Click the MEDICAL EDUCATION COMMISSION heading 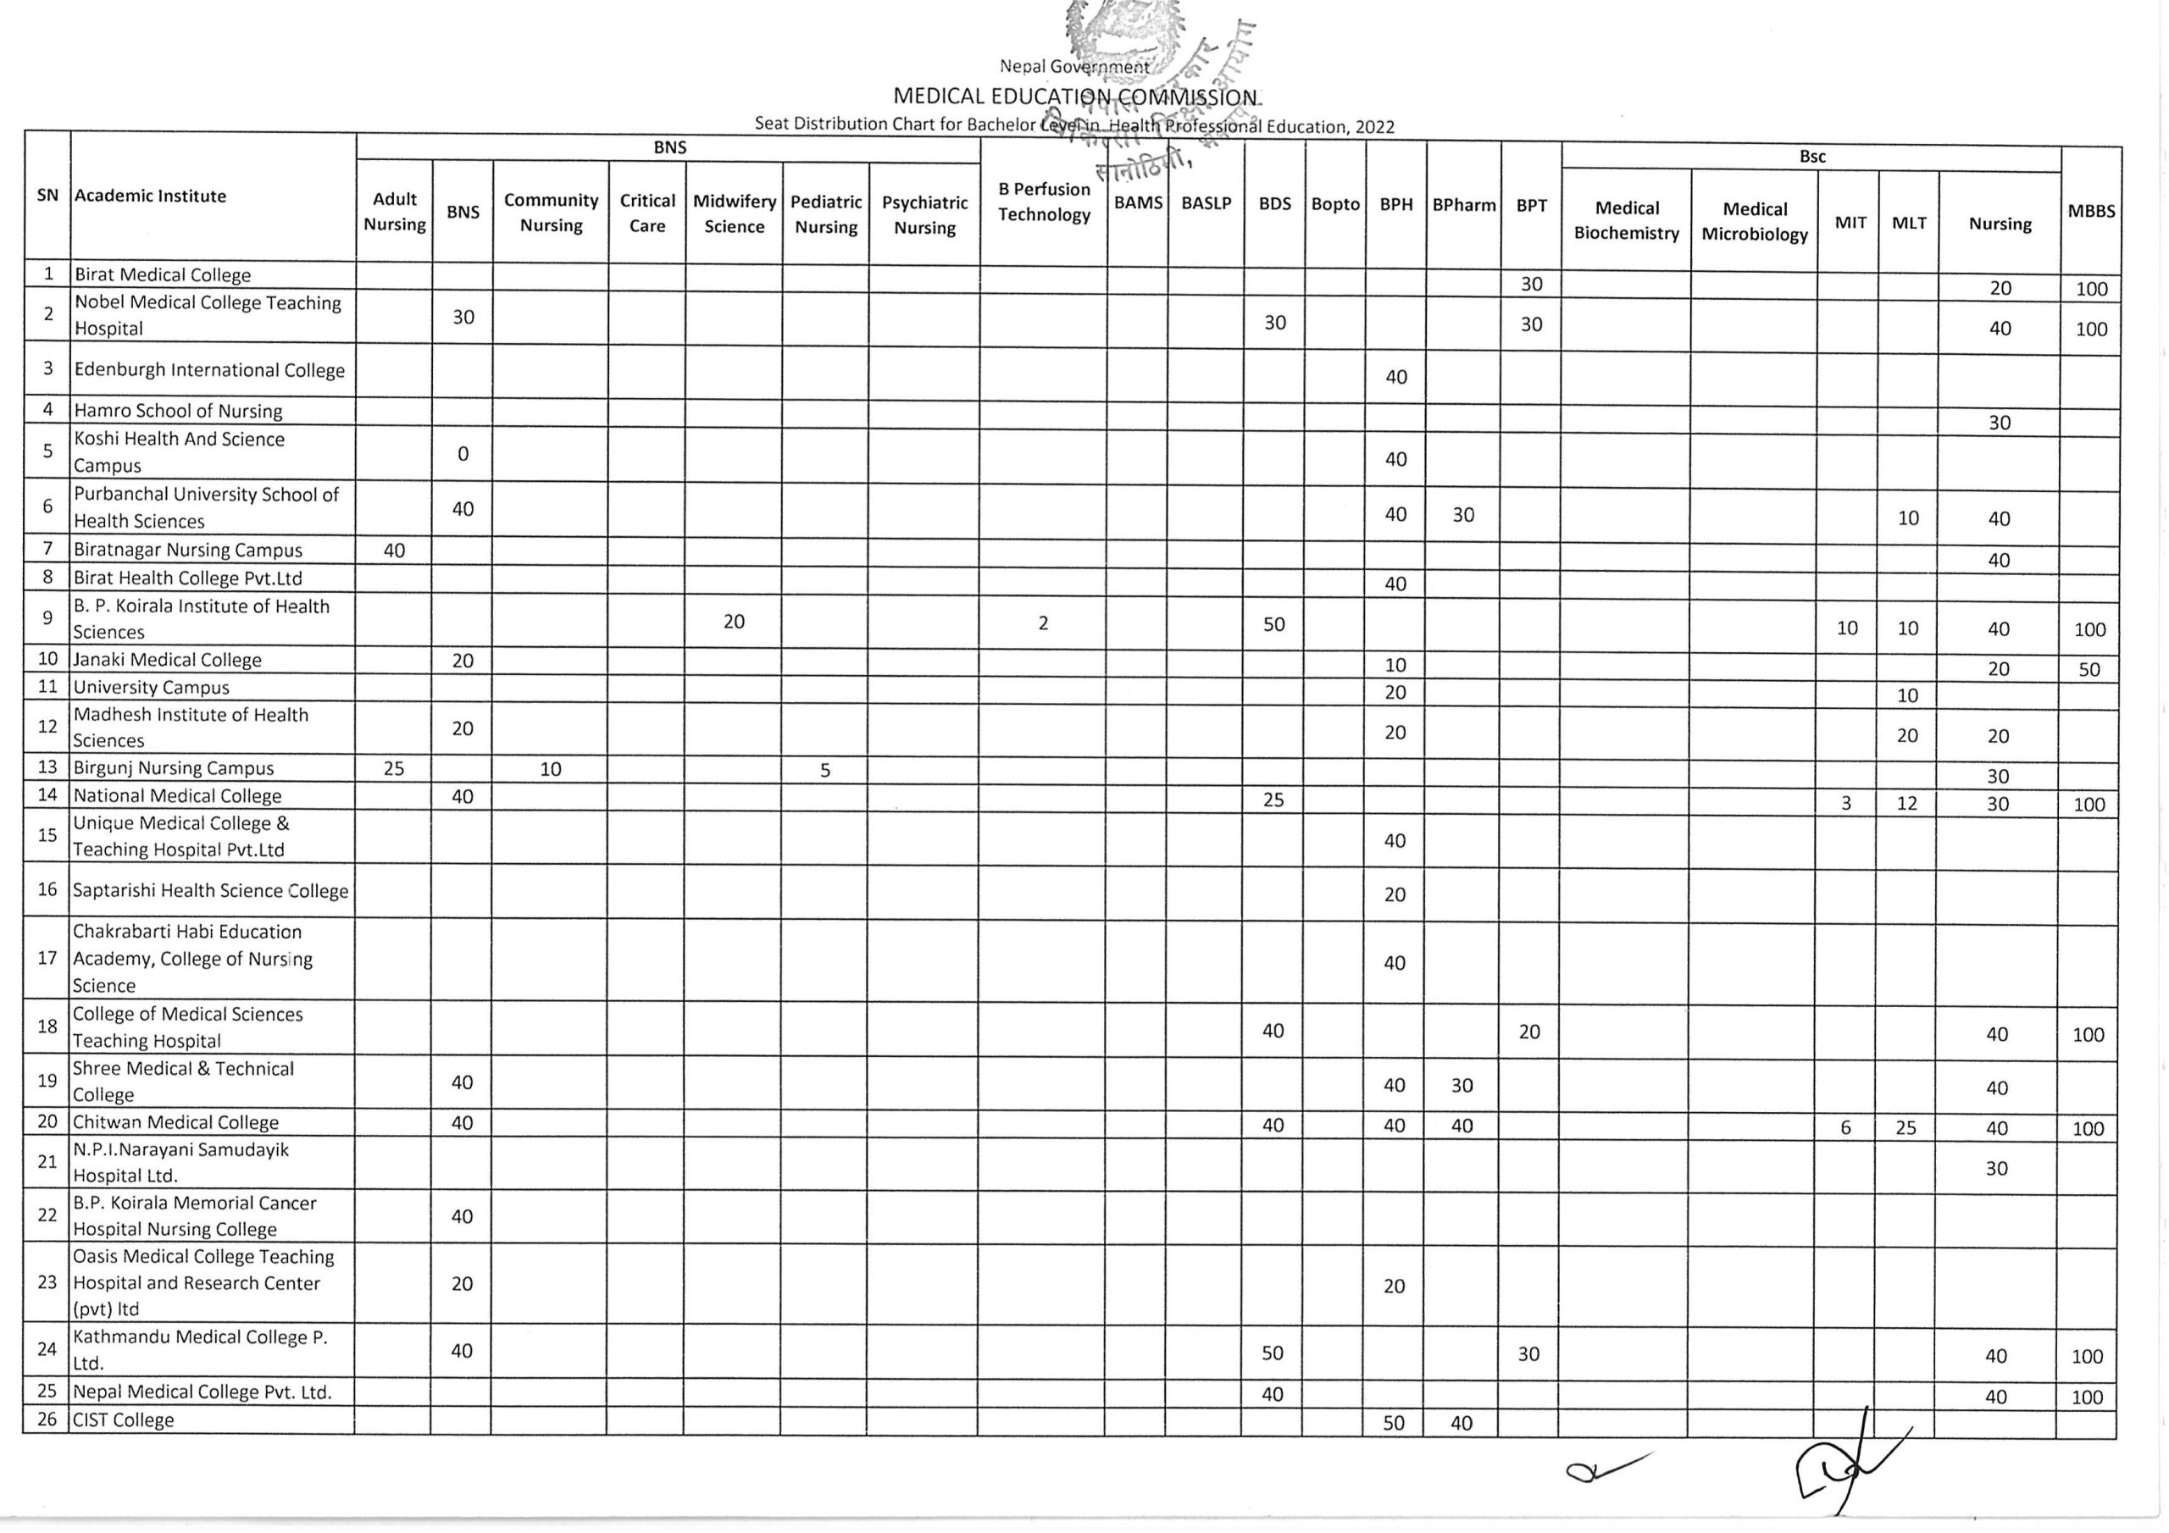pos(1075,97)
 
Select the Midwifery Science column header pos(734,213)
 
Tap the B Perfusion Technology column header pos(1044,202)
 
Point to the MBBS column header pos(2090,212)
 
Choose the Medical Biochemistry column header pos(1626,220)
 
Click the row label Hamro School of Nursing pos(179,411)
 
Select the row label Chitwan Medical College pos(175,1122)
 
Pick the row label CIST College pos(124,1420)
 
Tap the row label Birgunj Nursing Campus pos(174,768)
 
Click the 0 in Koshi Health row pos(463,453)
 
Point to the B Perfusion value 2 pos(1043,623)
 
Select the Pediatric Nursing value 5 pos(824,770)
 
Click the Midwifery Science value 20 pos(734,622)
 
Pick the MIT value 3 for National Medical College pos(1846,803)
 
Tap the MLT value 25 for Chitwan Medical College pos(1906,1126)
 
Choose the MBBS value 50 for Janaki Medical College pos(2089,670)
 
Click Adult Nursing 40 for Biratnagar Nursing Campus pos(394,550)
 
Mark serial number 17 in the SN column pos(47,958)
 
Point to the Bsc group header pos(1812,157)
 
